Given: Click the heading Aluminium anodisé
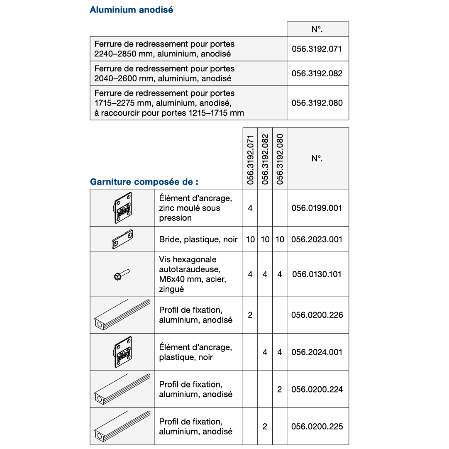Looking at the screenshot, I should coord(131,10).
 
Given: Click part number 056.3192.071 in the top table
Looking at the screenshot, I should coord(317,49).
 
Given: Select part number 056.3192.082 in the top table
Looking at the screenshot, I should coord(317,73).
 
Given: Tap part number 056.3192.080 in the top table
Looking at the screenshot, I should coord(317,103).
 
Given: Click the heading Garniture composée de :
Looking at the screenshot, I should coord(144,182).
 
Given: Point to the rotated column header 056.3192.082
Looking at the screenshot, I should coord(265,159).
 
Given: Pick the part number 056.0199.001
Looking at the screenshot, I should coord(317,208).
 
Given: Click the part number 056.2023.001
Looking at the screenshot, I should coord(317,239).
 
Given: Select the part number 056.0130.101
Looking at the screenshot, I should coord(317,274).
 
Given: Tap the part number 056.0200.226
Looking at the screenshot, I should coord(317,315).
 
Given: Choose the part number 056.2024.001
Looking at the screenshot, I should coord(317,352).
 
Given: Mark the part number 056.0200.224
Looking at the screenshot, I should coord(317,389).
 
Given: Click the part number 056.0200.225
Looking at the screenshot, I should coord(317,427).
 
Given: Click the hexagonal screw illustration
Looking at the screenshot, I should coord(122,274).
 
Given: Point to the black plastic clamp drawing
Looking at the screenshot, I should coord(122,239).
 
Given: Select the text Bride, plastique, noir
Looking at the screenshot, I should coord(198,239).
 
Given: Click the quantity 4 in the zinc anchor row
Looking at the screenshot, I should coord(250,208).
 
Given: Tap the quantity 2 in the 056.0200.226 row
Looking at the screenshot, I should coord(250,315).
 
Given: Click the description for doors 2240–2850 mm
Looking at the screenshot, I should coord(164,49).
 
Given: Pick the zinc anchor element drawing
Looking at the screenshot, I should coord(122,208).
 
